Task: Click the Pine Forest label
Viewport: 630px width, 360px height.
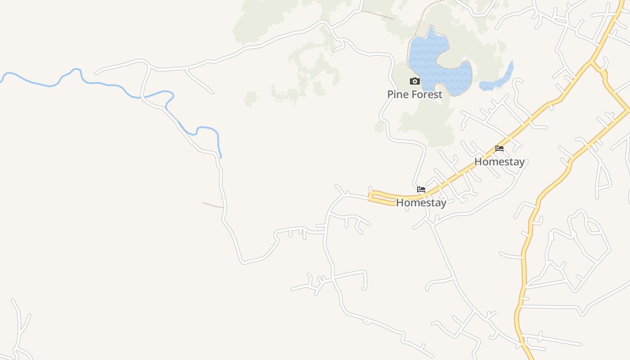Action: pyautogui.click(x=414, y=94)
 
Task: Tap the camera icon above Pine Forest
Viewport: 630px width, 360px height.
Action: pyautogui.click(x=414, y=81)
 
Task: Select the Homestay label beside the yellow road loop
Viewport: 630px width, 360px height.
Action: pyautogui.click(x=421, y=202)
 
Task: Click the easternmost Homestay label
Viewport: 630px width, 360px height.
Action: pyautogui.click(x=499, y=162)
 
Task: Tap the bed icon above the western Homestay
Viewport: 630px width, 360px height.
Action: pyautogui.click(x=421, y=189)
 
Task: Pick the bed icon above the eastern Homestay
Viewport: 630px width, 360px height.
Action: pyautogui.click(x=499, y=148)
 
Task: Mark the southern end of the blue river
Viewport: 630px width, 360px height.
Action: pyautogui.click(x=220, y=157)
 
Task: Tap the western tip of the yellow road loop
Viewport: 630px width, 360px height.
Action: pyautogui.click(x=370, y=197)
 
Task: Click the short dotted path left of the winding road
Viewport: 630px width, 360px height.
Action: pyautogui.click(x=212, y=205)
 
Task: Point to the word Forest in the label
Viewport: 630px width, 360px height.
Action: pyautogui.click(x=426, y=94)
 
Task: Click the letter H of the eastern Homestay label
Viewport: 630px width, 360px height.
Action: pyautogui.click(x=478, y=162)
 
